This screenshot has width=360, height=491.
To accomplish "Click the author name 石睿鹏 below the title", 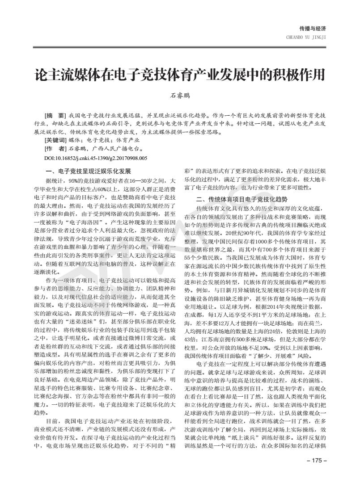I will (x=180, y=95).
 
